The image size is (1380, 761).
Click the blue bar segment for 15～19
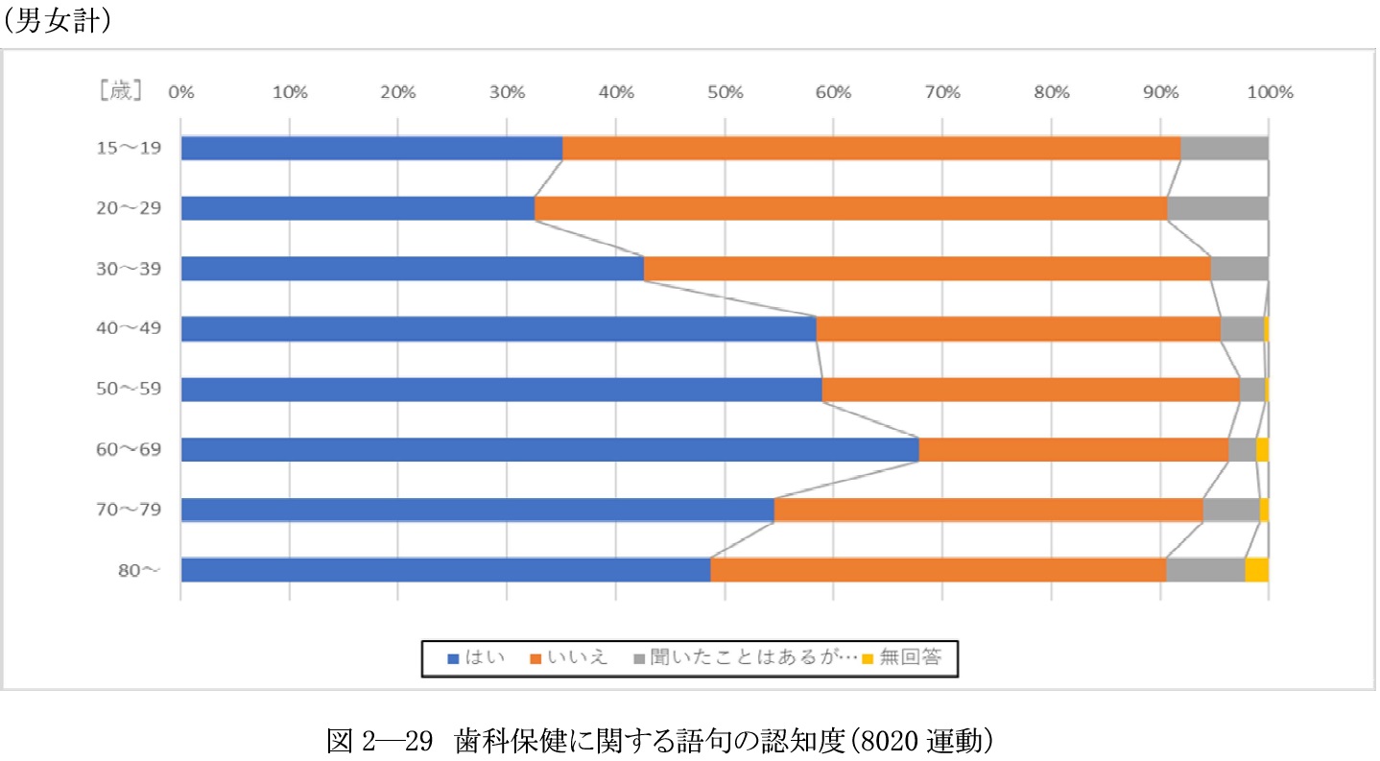coord(371,149)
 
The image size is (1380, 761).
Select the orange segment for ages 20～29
coord(850,208)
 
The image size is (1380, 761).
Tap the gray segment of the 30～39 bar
coord(1239,269)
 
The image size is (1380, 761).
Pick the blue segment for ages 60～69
coord(549,449)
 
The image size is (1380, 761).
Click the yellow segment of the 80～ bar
coord(1256,570)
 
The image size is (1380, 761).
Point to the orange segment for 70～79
coord(987,510)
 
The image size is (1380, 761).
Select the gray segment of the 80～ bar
coord(1205,570)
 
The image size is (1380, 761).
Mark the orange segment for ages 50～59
coord(1031,390)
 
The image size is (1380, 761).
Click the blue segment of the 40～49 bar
coord(498,329)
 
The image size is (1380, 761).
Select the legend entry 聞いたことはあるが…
coord(739,658)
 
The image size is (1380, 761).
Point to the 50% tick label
coord(725,92)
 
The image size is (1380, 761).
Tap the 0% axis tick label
coord(180,92)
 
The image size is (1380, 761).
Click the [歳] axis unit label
coord(121,92)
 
